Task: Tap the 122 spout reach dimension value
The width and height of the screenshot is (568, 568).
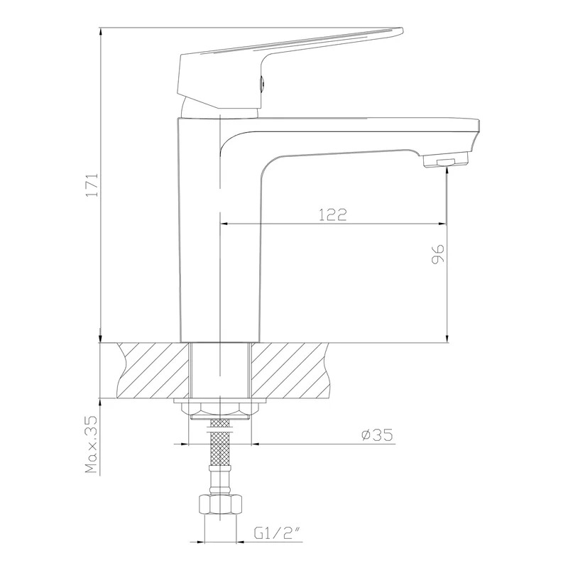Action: coord(333,215)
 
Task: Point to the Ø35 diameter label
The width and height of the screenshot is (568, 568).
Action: coord(377,435)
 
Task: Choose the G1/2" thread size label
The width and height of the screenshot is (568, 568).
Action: coord(278,533)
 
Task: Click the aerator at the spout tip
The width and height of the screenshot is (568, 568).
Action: coord(446,160)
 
